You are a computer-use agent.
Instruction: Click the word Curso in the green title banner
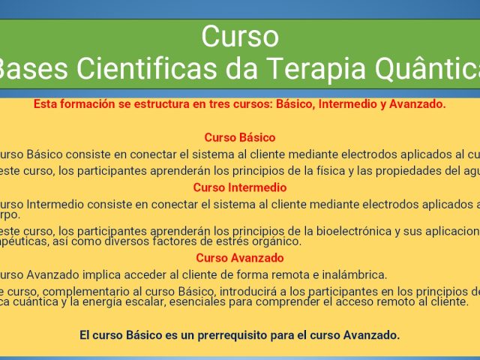point(240,36)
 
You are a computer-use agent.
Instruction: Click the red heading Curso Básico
point(240,137)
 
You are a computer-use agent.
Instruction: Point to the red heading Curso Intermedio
point(240,187)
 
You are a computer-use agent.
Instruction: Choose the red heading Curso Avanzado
point(240,258)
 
